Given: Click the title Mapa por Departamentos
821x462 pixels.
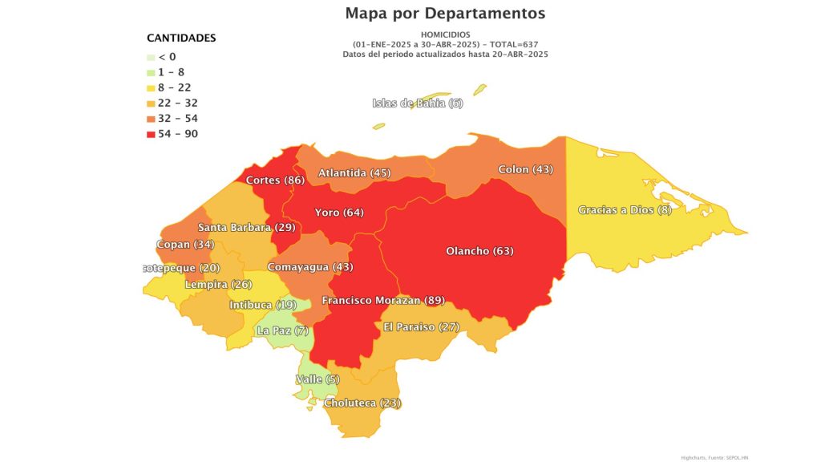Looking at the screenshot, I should point(445,14).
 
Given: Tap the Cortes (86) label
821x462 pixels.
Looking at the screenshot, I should point(275,180).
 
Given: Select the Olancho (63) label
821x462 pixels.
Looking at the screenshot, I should point(479,251).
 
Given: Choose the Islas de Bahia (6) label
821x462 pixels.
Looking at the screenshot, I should point(418,103).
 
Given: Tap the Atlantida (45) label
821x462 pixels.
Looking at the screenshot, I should point(354,172).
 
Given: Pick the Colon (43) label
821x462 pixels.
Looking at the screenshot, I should point(525,169).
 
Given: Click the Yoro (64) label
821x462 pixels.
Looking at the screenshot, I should point(339,213).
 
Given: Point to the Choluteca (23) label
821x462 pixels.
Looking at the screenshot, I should point(362,403).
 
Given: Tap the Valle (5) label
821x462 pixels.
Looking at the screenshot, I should point(317,379).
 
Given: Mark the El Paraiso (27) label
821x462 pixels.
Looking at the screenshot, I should point(421,326).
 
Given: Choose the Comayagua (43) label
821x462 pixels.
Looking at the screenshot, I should point(309,266).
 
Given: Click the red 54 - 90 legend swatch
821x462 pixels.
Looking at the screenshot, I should point(151,134).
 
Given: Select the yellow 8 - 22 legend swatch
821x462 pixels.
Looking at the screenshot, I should point(151,87).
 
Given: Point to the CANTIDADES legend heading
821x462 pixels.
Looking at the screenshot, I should point(181,38).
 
